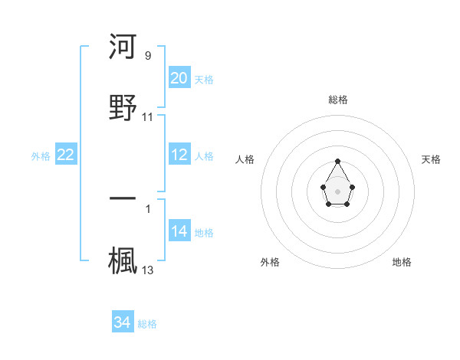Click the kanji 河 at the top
point(123,47)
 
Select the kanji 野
point(123,106)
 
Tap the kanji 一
point(123,198)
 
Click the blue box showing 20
point(179,77)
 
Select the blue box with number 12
point(179,155)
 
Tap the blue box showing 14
point(179,231)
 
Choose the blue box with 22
point(66,155)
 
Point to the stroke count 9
point(148,55)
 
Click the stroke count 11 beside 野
point(148,117)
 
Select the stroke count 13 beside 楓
point(148,270)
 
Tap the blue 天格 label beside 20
point(204,79)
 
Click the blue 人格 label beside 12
point(204,156)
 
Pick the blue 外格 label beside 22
point(41,156)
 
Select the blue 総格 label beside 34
point(147,324)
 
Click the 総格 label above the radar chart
point(338,100)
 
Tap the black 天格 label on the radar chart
point(432,159)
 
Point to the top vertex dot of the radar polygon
point(337,161)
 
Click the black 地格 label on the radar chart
point(402,262)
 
